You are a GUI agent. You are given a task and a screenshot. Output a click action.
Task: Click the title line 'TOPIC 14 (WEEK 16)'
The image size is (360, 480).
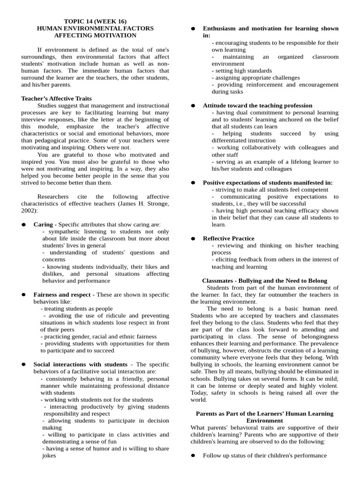pyautogui.click(x=95, y=21)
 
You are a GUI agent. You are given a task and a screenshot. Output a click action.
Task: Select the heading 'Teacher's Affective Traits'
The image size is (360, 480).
pyautogui.click(x=56, y=98)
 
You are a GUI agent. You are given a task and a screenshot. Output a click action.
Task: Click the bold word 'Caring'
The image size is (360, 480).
pyautogui.click(x=43, y=225)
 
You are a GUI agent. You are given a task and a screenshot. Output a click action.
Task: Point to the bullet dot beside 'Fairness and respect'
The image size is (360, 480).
pyautogui.click(x=23, y=295)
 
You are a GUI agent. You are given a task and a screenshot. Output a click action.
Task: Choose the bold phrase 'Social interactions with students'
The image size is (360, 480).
pyautogui.click(x=80, y=364)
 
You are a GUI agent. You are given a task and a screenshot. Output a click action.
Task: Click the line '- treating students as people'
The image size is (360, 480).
pyautogui.click(x=76, y=309)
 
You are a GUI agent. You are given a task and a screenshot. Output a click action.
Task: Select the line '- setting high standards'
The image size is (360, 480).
pyautogui.click(x=241, y=71)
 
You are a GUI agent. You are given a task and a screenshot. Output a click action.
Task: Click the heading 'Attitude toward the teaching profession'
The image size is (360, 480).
pyautogui.click(x=257, y=105)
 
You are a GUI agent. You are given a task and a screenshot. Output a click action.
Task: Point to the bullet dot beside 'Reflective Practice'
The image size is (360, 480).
pyautogui.click(x=193, y=239)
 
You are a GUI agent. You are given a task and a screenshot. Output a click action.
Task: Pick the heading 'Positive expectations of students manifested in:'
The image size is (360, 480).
pyautogui.click(x=268, y=182)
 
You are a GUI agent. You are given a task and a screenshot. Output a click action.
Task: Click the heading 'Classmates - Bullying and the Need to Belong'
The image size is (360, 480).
pyautogui.click(x=264, y=281)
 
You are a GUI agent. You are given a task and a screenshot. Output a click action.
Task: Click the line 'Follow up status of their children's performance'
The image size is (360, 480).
pyautogui.click(x=264, y=456)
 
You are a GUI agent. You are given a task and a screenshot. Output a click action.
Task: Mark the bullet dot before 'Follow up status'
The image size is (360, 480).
pyautogui.click(x=193, y=456)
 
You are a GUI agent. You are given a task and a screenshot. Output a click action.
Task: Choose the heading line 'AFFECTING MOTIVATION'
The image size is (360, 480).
pyautogui.click(x=95, y=35)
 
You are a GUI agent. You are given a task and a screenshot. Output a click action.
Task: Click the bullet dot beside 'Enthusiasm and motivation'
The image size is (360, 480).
pyautogui.click(x=193, y=29)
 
